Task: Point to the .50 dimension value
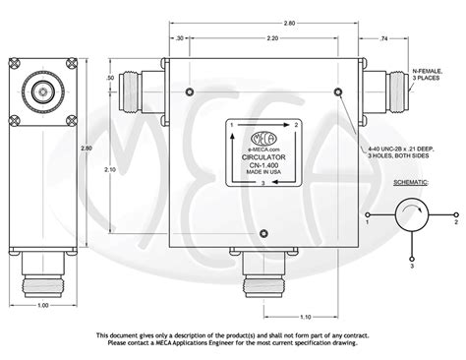(x=138, y=77)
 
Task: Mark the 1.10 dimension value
(x=306, y=317)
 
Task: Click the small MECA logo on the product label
(x=261, y=126)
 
